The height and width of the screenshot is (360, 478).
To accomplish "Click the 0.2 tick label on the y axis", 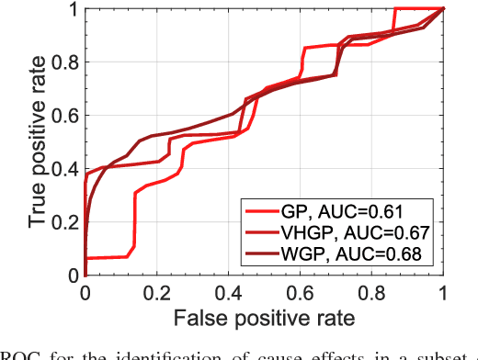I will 67,221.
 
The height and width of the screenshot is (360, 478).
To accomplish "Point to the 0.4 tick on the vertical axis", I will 67,168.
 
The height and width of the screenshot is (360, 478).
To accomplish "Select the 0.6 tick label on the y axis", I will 67,115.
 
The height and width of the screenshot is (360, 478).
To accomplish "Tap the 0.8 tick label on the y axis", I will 67,62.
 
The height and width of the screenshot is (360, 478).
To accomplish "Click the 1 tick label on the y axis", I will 74,9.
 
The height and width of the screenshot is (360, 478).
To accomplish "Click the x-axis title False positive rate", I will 264,317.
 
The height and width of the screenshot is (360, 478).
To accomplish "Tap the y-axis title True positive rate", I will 38,142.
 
